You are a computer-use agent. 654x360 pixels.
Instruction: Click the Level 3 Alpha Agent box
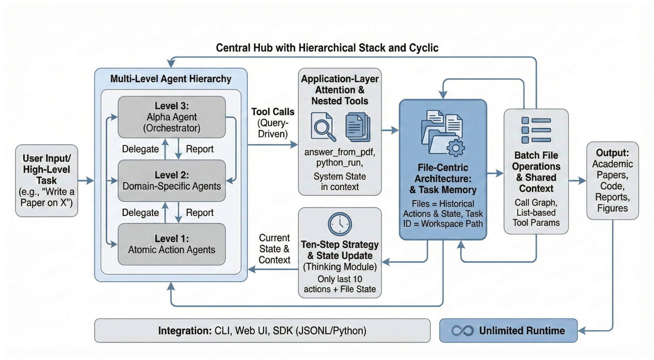point(172,117)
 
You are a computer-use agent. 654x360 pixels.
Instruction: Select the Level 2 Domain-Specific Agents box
point(172,181)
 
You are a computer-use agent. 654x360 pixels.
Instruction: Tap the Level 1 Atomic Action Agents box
point(172,244)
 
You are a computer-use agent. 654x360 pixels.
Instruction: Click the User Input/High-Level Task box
point(47,180)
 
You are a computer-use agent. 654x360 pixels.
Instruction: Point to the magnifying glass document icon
point(323,127)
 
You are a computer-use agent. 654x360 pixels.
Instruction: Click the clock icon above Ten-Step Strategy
point(340,224)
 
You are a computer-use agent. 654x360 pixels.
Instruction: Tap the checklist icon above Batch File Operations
point(536,130)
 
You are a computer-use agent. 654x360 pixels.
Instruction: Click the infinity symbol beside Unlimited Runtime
point(462,331)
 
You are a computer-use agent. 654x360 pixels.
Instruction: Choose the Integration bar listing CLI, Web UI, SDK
point(262,331)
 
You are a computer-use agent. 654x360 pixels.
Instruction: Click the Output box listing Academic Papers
point(613,180)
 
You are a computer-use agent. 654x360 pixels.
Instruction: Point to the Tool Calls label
point(273,112)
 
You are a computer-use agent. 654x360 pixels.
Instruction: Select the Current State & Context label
point(274,249)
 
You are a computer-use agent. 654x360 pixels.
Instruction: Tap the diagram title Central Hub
point(327,48)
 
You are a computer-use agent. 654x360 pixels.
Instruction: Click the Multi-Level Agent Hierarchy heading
point(171,79)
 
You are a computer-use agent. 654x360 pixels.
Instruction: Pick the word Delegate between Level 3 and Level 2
point(140,149)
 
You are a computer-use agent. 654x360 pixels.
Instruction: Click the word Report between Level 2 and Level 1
point(200,213)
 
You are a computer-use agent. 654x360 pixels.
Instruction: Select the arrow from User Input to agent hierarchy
point(86,180)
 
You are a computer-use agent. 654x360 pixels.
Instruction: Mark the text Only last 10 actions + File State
point(340,284)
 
